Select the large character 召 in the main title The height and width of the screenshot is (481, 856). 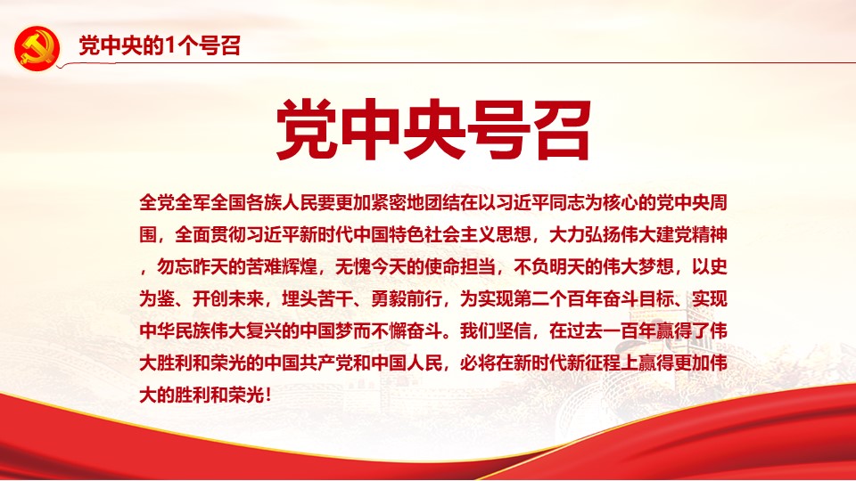560,130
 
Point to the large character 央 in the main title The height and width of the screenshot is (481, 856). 434,130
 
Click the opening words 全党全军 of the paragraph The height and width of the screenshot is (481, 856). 175,203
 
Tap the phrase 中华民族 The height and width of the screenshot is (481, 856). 175,331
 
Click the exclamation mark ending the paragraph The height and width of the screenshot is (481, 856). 268,395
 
